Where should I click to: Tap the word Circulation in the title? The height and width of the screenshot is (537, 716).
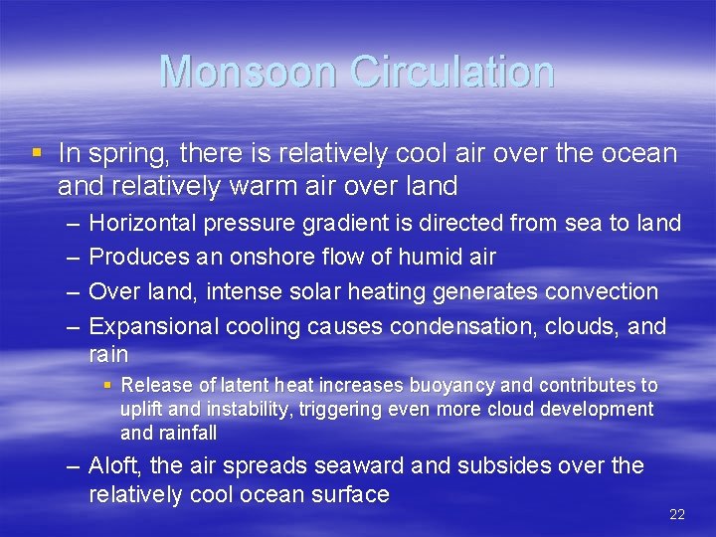coord(454,72)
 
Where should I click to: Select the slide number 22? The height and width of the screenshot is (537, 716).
coord(677,514)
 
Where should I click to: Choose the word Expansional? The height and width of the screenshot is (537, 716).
coord(154,326)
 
